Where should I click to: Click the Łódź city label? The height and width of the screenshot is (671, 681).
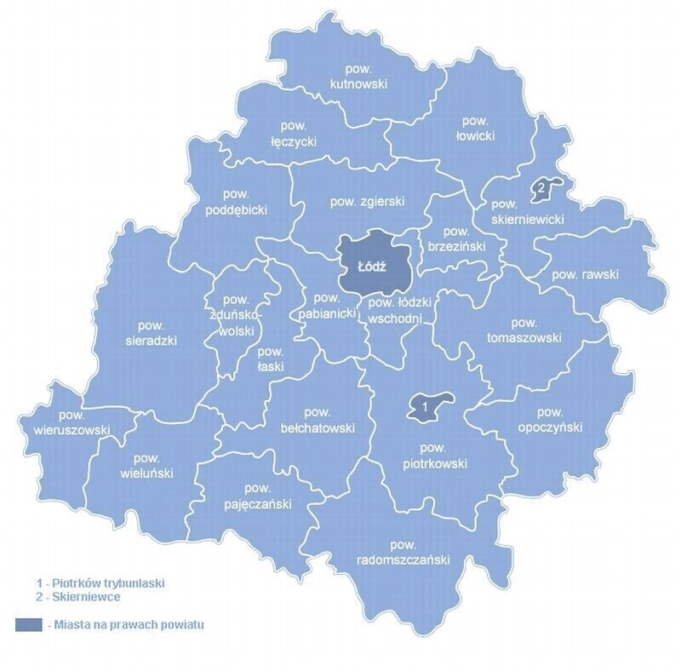[373, 267]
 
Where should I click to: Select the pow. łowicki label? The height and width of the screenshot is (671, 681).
[474, 129]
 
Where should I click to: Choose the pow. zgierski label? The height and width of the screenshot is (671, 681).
[367, 202]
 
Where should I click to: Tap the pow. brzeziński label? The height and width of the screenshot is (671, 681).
[456, 238]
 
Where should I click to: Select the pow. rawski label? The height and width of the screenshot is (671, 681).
[585, 275]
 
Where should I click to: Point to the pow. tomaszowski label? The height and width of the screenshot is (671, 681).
[524, 330]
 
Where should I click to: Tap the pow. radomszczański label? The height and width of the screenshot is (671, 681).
[403, 553]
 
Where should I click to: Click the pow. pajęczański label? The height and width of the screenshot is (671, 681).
[255, 496]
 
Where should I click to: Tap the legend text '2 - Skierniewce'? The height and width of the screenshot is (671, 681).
[77, 597]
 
